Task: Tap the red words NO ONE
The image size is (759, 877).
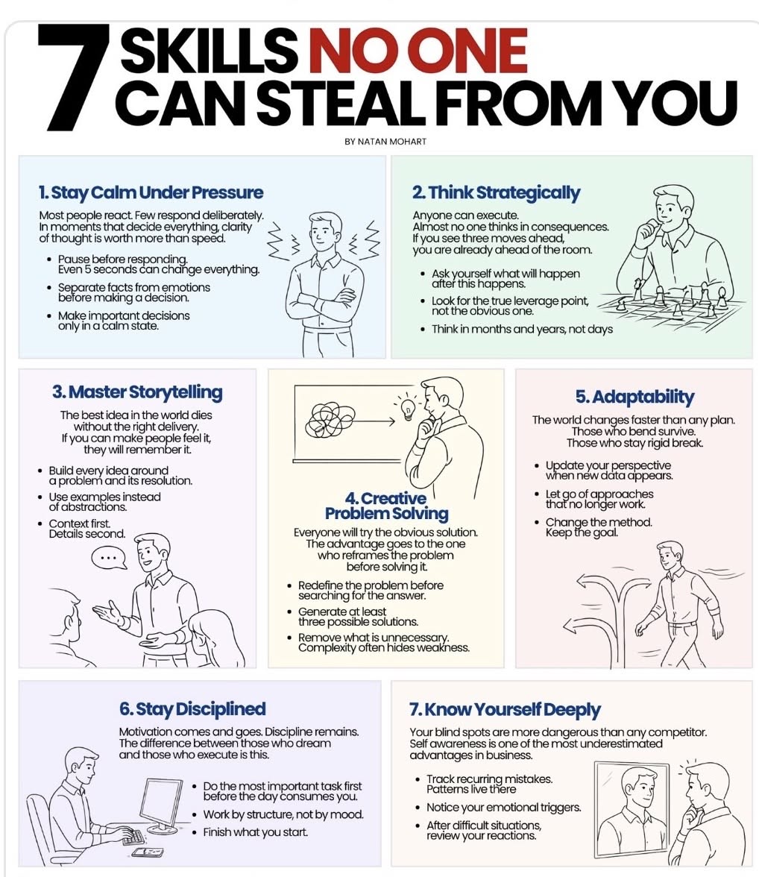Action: tap(418, 51)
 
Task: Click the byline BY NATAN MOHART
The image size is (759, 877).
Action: tap(385, 142)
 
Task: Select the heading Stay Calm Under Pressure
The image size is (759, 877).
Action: tap(151, 192)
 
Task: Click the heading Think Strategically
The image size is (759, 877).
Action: tap(496, 192)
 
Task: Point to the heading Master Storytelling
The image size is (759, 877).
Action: tap(137, 392)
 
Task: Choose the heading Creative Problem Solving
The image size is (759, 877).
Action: tap(386, 506)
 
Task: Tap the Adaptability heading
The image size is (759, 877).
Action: tap(634, 397)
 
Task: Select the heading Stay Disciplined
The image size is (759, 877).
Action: tap(192, 708)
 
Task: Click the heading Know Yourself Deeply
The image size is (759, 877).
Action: tap(505, 709)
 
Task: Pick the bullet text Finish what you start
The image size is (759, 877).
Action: tap(255, 832)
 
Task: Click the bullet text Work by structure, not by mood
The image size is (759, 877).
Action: tap(283, 814)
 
